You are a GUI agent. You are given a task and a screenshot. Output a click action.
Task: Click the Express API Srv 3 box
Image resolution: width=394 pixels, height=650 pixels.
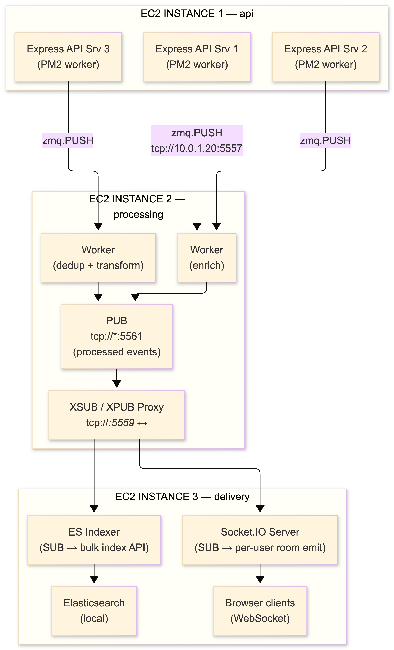pyautogui.click(x=68, y=57)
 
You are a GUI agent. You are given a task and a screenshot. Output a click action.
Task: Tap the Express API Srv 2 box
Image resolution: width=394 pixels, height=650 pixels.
pyautogui.click(x=326, y=57)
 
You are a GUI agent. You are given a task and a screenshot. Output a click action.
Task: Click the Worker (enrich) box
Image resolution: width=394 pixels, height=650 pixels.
pyautogui.click(x=207, y=258)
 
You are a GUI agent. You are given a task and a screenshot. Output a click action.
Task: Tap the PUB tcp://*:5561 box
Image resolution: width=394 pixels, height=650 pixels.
pyautogui.click(x=117, y=336)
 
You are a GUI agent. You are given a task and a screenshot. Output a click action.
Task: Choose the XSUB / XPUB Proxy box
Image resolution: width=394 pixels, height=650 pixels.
pyautogui.click(x=117, y=415)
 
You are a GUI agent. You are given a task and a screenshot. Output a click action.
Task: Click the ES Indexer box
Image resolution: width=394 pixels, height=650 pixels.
pyautogui.click(x=94, y=540)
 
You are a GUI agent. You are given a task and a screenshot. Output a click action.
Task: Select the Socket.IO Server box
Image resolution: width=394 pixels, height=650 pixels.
pyautogui.click(x=260, y=540)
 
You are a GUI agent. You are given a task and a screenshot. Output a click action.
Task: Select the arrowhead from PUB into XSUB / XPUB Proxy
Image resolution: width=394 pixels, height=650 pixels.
pyautogui.click(x=117, y=383)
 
